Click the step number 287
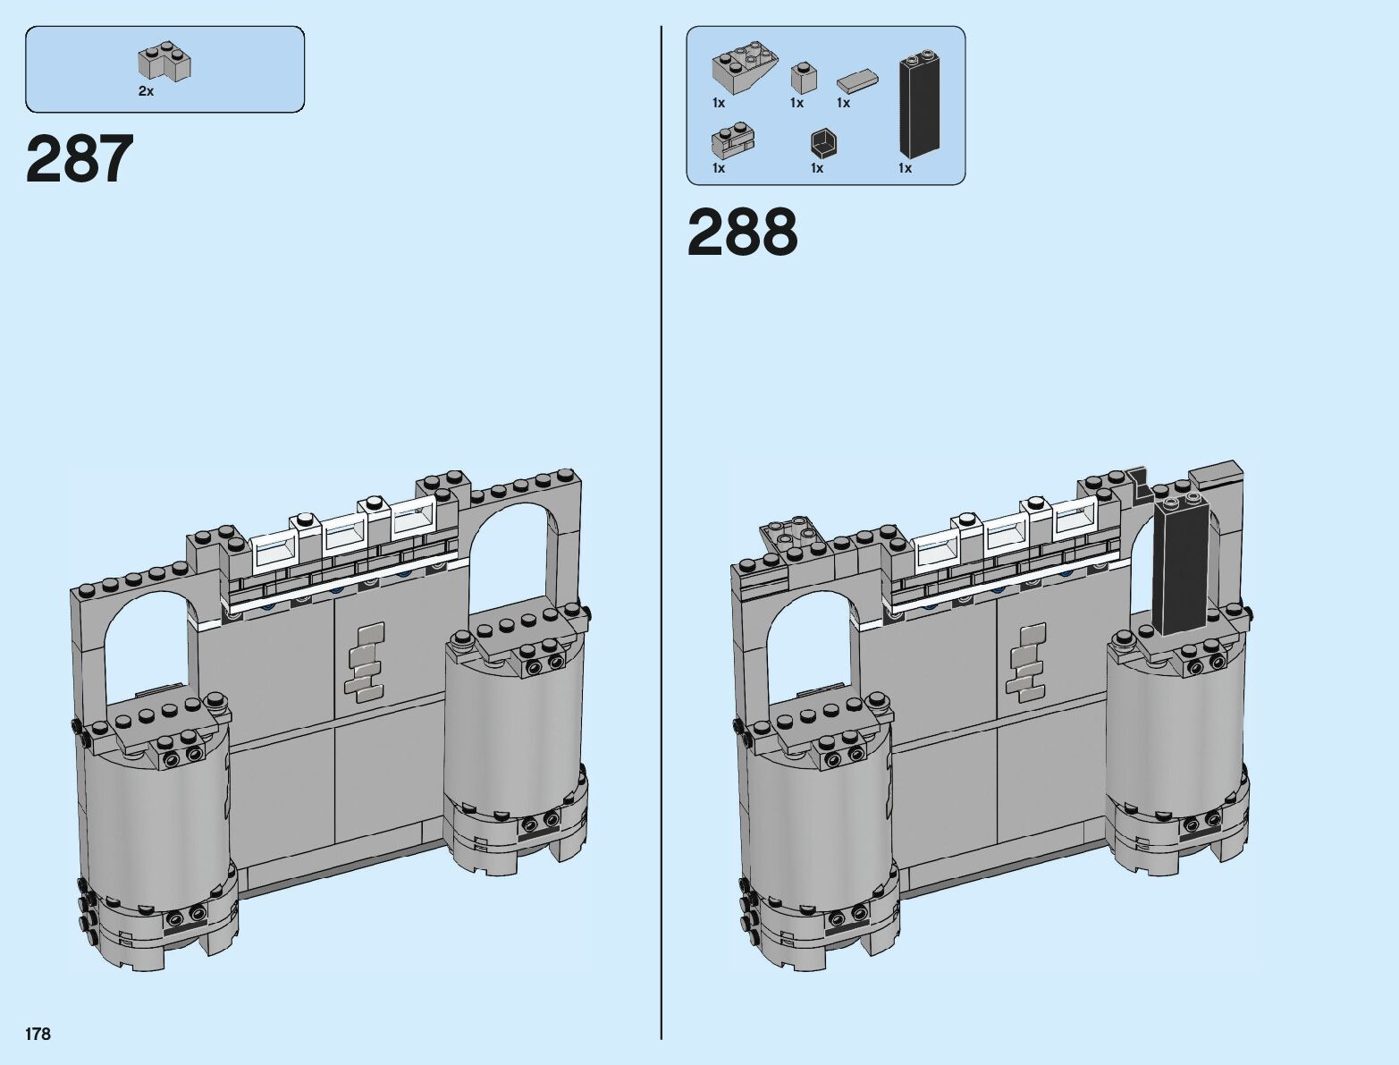pos(80,158)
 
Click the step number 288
pos(743,232)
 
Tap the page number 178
pos(38,1034)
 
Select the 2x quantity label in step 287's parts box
pos(146,91)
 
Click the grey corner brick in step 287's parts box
pos(164,61)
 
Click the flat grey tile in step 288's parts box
pos(858,81)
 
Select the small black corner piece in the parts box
pos(823,143)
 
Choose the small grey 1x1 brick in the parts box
pos(805,78)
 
